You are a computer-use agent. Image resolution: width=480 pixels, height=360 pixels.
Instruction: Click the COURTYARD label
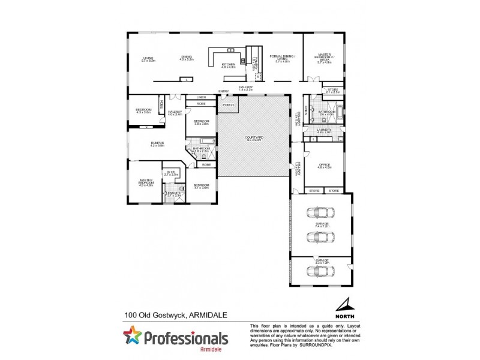click(254, 139)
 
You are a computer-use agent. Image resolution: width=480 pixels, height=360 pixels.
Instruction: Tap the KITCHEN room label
click(229, 65)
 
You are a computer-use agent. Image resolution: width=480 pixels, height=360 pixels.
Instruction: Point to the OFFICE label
click(325, 164)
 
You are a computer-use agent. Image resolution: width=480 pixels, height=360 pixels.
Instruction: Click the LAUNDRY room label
click(325, 130)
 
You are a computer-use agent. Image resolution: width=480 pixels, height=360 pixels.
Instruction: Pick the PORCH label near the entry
click(228, 105)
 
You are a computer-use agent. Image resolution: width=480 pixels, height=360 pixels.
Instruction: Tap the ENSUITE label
click(174, 193)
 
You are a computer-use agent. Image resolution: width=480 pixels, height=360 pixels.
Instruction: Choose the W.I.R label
click(171, 172)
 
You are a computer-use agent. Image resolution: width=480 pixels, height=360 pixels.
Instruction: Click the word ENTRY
click(224, 91)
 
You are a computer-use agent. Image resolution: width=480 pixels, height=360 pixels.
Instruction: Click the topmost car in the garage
click(320, 212)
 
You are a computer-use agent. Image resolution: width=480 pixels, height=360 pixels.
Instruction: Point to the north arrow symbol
click(343, 303)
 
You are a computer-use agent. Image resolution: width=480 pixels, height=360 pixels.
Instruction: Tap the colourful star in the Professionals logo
click(134, 337)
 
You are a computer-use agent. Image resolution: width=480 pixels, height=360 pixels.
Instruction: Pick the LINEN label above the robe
click(201, 97)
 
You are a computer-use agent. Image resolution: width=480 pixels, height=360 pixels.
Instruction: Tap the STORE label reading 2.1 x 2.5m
click(333, 91)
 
